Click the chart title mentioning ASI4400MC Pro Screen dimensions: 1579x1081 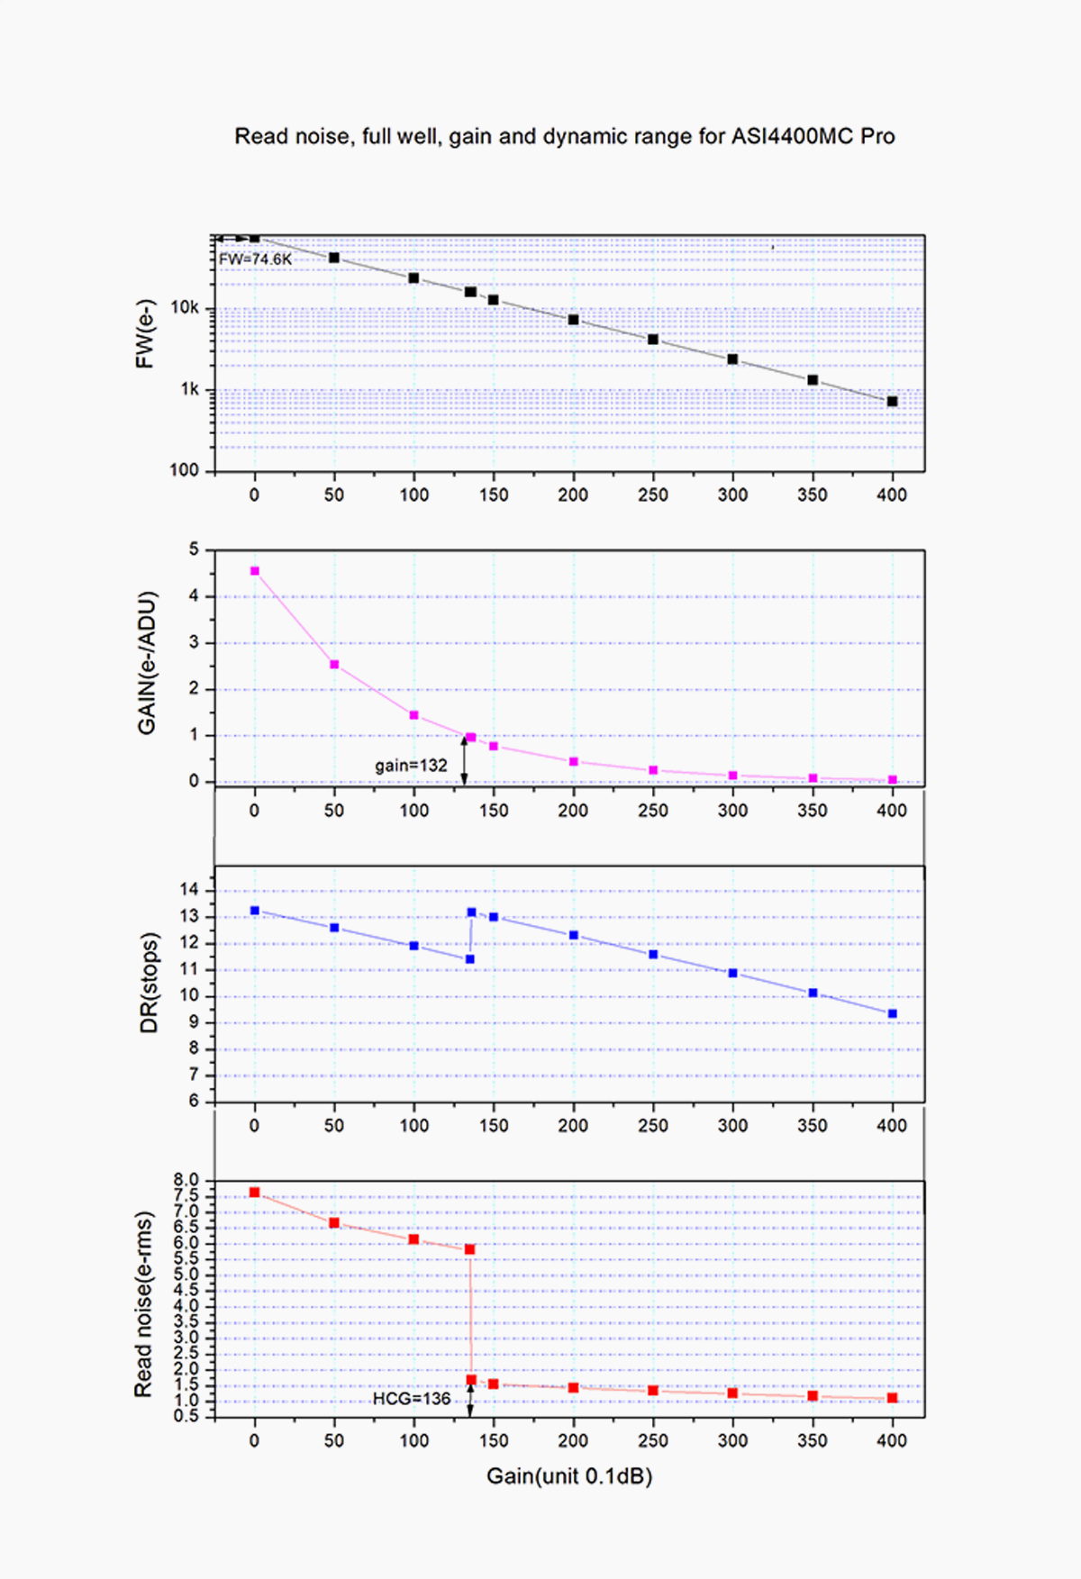[x=565, y=137]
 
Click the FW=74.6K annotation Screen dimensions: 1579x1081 [x=255, y=259]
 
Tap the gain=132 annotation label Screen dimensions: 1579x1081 [x=411, y=766]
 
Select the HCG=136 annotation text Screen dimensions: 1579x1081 [x=412, y=1399]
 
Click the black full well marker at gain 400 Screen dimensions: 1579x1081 [x=892, y=402]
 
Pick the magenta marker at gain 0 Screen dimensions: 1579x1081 [x=255, y=571]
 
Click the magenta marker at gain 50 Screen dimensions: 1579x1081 [x=334, y=665]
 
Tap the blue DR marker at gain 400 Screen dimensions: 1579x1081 [x=892, y=1014]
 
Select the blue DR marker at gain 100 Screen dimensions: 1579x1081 [x=414, y=946]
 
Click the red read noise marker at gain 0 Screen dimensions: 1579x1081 [x=255, y=1193]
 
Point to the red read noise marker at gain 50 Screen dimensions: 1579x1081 [x=334, y=1223]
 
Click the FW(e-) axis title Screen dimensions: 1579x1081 [x=145, y=333]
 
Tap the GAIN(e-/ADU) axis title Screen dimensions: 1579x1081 [x=147, y=663]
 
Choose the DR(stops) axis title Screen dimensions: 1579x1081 [x=149, y=983]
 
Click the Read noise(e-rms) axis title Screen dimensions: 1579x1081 [x=143, y=1304]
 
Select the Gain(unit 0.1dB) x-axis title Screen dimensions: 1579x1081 [x=569, y=1476]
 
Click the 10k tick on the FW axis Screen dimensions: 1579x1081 [x=185, y=308]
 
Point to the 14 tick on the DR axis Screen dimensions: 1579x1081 [x=188, y=890]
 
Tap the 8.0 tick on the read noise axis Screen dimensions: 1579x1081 [x=186, y=1180]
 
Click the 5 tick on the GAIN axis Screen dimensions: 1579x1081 [x=194, y=549]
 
